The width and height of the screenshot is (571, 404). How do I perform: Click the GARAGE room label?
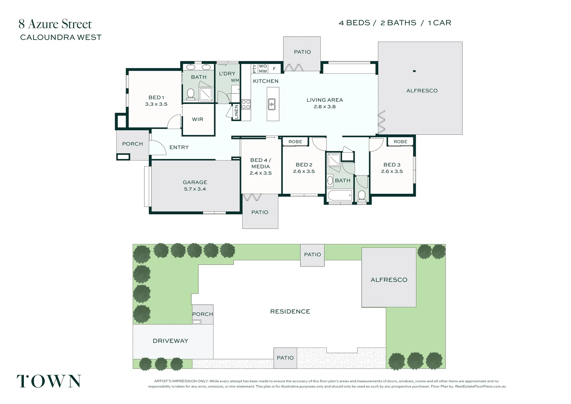pyautogui.click(x=195, y=182)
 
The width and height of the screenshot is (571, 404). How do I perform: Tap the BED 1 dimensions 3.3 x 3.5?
pyautogui.click(x=156, y=104)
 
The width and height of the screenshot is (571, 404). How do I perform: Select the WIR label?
pyautogui.click(x=197, y=119)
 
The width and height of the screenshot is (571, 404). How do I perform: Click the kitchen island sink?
pyautogui.click(x=272, y=104)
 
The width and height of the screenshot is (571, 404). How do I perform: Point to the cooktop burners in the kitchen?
pyautogui.click(x=246, y=104)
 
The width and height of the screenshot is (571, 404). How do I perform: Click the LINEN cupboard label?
pyautogui.click(x=236, y=112)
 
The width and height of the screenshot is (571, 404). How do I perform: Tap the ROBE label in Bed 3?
pyautogui.click(x=400, y=142)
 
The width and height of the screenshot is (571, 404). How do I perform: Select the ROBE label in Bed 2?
pyautogui.click(x=295, y=142)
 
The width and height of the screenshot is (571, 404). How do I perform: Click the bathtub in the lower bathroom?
pyautogui.click(x=339, y=196)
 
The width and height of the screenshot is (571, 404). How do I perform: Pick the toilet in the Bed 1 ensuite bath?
pyautogui.click(x=191, y=94)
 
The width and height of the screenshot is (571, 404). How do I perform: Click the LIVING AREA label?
pyautogui.click(x=324, y=100)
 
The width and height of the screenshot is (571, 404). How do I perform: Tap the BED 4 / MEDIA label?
pyautogui.click(x=260, y=163)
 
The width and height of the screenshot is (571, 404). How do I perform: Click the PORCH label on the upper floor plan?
pyautogui.click(x=132, y=144)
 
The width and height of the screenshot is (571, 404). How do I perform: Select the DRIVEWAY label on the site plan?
pyautogui.click(x=170, y=341)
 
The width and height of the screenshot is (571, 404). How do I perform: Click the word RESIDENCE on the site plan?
pyautogui.click(x=290, y=312)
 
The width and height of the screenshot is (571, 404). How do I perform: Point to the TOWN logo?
pyautogui.click(x=49, y=381)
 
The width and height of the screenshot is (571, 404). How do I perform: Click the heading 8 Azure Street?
pyautogui.click(x=55, y=24)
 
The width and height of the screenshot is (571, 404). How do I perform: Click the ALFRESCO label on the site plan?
pyautogui.click(x=389, y=280)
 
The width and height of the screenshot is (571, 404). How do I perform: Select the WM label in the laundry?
pyautogui.click(x=235, y=80)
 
